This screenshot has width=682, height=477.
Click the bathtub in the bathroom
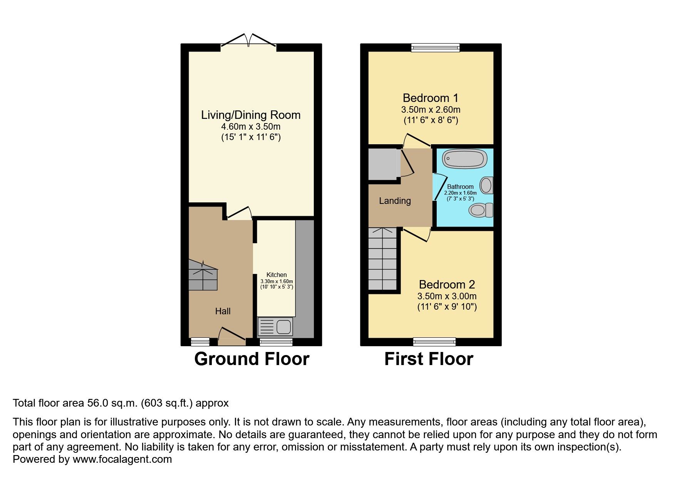click(464, 159)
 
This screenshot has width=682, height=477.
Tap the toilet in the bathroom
click(480, 210)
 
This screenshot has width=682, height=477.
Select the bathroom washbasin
click(487, 185)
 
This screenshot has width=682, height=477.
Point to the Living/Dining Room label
click(251, 115)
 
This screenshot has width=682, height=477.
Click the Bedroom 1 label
click(431, 98)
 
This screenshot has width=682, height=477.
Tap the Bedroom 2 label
click(447, 285)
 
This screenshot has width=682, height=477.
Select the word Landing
click(395, 201)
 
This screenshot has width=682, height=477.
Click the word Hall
click(223, 311)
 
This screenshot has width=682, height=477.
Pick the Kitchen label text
click(276, 275)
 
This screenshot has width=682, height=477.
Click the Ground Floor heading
click(251, 359)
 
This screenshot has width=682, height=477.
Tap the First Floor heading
click(429, 359)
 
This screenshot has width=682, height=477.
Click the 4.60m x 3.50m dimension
click(251, 127)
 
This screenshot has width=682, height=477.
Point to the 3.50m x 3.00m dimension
click(447, 296)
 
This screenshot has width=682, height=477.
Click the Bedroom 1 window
click(435, 47)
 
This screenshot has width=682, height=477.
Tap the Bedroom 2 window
click(434, 342)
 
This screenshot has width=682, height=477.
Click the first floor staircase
click(382, 260)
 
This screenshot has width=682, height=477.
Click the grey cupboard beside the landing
click(382, 164)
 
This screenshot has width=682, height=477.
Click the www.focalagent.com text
click(122, 459)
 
